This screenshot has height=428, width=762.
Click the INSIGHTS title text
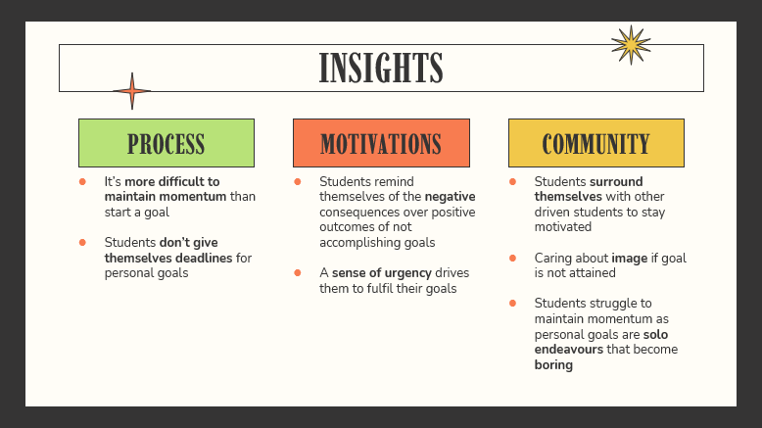[x=381, y=68]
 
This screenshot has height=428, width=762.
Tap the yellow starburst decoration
[x=631, y=45]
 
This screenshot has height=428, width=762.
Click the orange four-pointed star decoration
[x=131, y=91]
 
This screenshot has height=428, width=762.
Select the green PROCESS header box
[x=167, y=143]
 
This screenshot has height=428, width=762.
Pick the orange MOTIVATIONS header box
[x=381, y=143]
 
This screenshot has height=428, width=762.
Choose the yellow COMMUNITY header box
[x=596, y=143]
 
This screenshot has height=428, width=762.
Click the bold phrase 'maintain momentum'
[x=166, y=197]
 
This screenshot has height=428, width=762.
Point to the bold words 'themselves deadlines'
[x=168, y=258]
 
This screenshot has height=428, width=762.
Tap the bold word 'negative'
[x=450, y=197]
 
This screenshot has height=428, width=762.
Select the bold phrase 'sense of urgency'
[x=381, y=273]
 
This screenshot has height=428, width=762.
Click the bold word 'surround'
[x=616, y=182]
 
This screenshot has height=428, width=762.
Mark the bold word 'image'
[x=630, y=258]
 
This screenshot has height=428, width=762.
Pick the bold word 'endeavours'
[x=569, y=350]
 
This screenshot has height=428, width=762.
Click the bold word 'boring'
[x=553, y=365]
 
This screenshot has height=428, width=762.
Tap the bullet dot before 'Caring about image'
[x=512, y=258]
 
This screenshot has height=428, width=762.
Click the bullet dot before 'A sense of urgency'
[x=298, y=273]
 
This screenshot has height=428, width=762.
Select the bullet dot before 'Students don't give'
[x=82, y=243]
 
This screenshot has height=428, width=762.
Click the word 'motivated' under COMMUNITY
[x=563, y=227]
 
